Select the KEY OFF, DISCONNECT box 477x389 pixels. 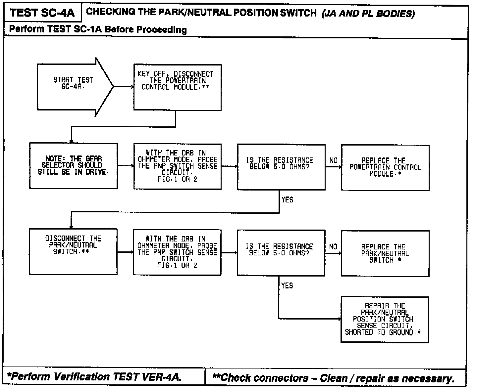click(177, 87)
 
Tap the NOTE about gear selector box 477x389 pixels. click(74, 166)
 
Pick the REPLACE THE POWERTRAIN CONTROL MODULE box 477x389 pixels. click(385, 167)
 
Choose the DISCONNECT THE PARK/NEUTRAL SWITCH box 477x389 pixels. click(73, 251)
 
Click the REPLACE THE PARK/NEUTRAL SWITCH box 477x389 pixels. click(385, 253)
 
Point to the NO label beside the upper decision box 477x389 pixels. click(333, 160)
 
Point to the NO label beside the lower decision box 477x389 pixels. click(333, 246)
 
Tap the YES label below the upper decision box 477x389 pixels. click(287, 200)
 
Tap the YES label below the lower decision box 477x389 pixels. click(287, 285)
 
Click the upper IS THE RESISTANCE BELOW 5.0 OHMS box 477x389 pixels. click(281, 167)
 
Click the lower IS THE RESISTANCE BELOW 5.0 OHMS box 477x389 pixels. click(281, 253)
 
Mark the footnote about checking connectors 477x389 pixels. click(333, 377)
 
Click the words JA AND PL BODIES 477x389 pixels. click(368, 14)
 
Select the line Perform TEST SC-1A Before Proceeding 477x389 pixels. click(98, 29)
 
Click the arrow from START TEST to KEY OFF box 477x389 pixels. click(123, 87)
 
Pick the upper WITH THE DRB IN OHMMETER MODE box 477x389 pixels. click(177, 166)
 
